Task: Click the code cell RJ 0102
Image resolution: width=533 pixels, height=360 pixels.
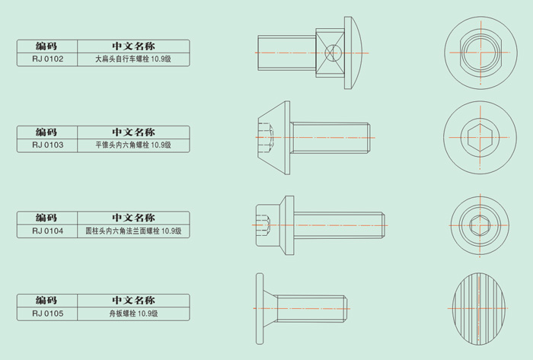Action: click(47, 59)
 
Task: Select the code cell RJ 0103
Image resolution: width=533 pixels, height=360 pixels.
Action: click(47, 145)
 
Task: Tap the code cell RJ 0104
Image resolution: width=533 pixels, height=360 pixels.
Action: click(47, 231)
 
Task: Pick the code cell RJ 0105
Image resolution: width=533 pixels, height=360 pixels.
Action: click(47, 314)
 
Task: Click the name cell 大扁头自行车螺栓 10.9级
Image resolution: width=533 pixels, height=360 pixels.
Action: click(133, 59)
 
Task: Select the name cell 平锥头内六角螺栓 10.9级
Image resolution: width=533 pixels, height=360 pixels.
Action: click(133, 145)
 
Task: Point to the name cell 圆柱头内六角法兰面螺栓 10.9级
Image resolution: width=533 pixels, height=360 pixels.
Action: click(133, 231)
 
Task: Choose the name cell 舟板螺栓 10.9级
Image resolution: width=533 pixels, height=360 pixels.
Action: click(133, 314)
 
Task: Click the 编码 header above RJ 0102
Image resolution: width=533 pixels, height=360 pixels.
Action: click(46, 46)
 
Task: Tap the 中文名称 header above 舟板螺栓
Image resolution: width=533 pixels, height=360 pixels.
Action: click(133, 300)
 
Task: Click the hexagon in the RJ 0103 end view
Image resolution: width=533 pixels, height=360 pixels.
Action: click(480, 138)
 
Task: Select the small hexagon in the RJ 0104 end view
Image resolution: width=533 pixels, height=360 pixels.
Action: click(480, 225)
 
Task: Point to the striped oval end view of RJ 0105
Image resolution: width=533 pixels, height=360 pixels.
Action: click(479, 309)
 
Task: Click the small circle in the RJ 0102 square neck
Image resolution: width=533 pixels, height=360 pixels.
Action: click(333, 53)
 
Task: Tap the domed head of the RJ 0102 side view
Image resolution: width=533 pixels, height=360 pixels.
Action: click(353, 53)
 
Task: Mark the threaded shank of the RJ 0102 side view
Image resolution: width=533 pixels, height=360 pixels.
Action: click(287, 53)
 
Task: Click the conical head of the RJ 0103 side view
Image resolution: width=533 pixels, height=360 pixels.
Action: click(274, 138)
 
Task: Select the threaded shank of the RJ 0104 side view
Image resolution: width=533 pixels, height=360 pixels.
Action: click(340, 225)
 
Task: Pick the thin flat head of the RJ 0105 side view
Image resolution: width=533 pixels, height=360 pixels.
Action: click(260, 309)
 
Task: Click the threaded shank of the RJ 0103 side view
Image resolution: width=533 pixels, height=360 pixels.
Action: click(330, 138)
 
